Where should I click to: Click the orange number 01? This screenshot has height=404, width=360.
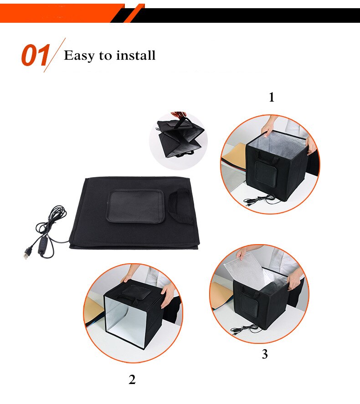point(35,56)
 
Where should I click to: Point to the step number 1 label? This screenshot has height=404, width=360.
point(272,97)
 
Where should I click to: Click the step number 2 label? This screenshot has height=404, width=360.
point(132,379)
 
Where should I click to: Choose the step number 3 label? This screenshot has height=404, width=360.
point(265,354)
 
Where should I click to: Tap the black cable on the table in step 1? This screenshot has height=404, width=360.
point(260,199)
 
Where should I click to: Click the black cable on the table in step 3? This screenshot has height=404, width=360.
point(244,329)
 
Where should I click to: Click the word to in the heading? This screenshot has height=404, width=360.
point(106,56)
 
